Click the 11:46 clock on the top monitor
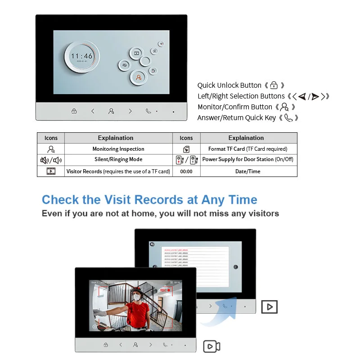[81, 56]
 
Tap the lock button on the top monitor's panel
[74, 111]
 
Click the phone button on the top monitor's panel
[148, 111]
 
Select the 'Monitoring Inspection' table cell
[118, 149]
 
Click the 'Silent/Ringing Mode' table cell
[118, 160]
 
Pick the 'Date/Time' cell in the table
[248, 171]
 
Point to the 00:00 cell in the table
[186, 171]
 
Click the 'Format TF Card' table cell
[248, 149]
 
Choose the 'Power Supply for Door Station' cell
[248, 160]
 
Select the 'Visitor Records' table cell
[118, 171]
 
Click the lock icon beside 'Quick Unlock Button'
[274, 85]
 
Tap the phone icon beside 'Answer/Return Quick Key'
[288, 118]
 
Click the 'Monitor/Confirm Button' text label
[235, 107]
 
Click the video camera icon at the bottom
[211, 346]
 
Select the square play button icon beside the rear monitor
[269, 306]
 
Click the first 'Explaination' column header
[116, 138]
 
